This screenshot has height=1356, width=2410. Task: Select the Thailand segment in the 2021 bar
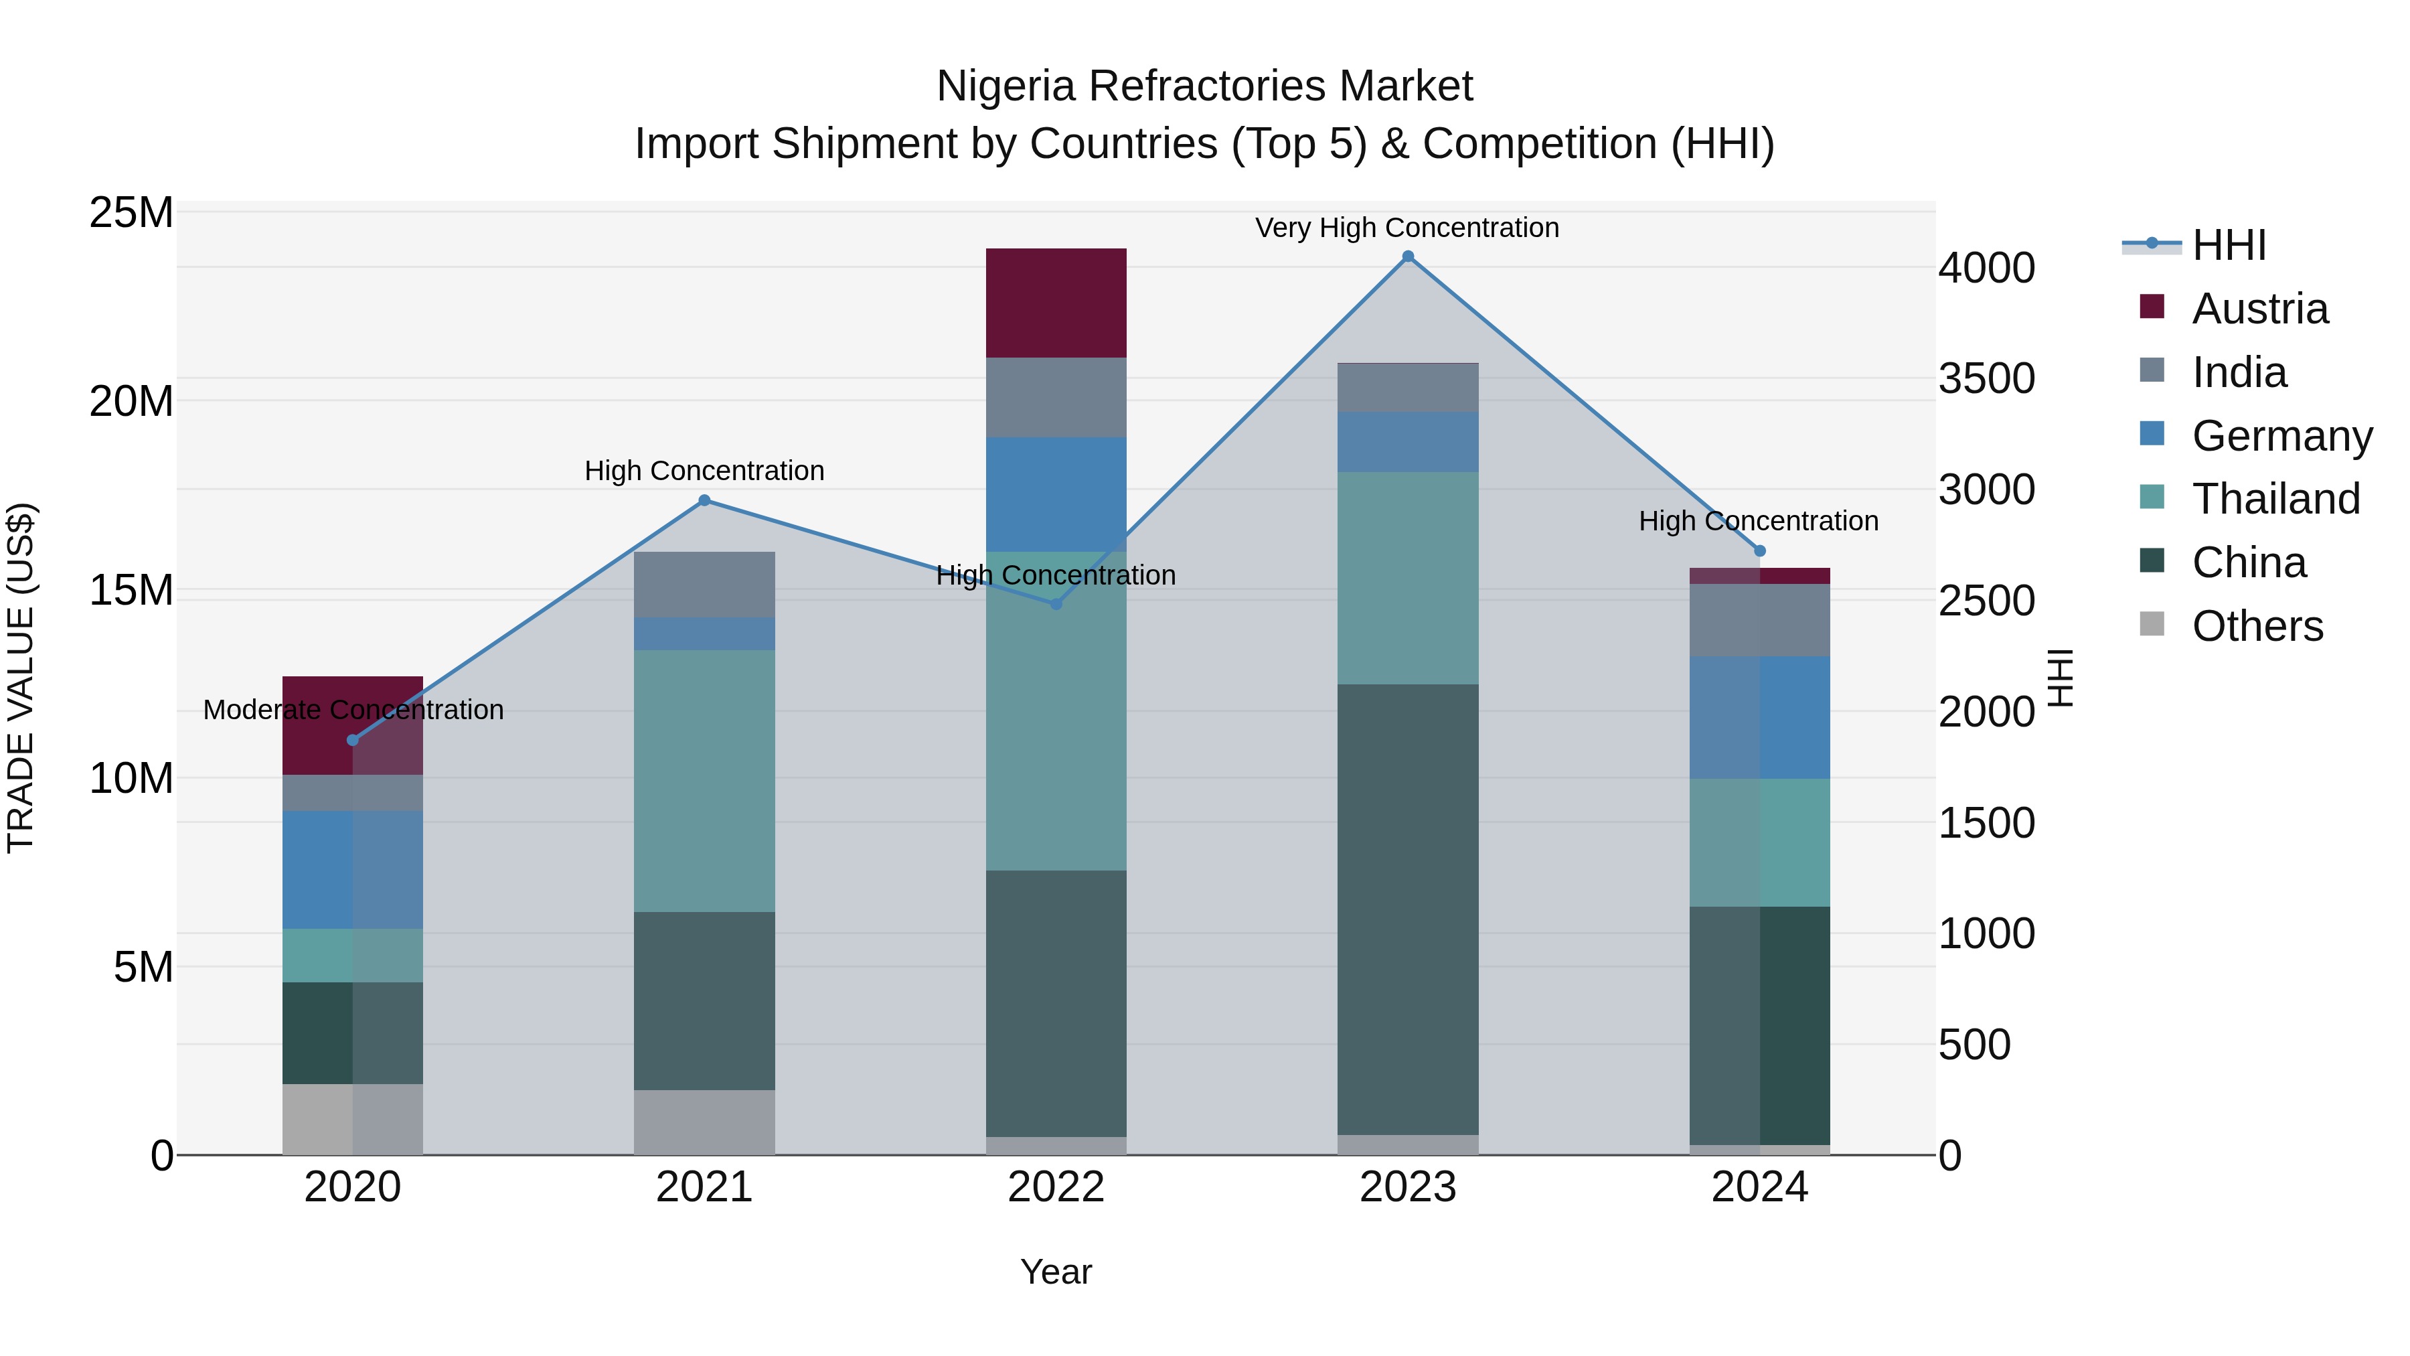tap(704, 781)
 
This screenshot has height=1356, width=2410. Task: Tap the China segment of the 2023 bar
tap(1407, 909)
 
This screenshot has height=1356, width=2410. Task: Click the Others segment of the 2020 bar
tap(353, 1118)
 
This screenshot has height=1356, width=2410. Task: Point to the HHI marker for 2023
tap(1408, 256)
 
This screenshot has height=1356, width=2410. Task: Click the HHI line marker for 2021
tap(704, 501)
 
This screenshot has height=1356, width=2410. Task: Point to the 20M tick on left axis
tap(131, 402)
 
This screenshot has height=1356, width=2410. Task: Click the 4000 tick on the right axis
tap(1986, 268)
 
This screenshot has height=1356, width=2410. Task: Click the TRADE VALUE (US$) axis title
tap(21, 678)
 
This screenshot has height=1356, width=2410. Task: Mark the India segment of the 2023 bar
tap(1407, 388)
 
